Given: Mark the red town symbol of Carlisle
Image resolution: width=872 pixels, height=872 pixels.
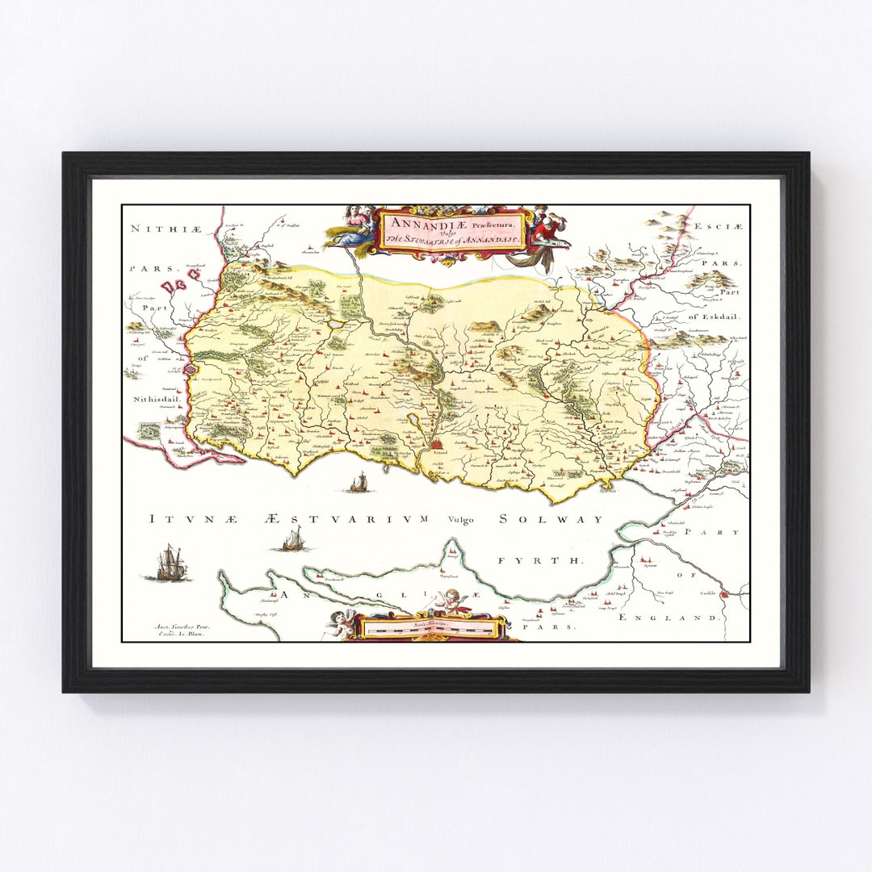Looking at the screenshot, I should point(724,594).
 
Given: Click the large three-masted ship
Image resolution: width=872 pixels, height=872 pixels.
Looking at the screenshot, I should point(168,563).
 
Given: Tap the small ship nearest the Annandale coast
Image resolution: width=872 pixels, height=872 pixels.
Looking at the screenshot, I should point(358,483).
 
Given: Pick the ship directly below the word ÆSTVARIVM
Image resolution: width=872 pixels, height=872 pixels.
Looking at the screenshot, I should point(293,539).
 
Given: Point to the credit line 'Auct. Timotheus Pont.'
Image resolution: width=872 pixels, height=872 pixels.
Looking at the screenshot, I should point(180,626).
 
